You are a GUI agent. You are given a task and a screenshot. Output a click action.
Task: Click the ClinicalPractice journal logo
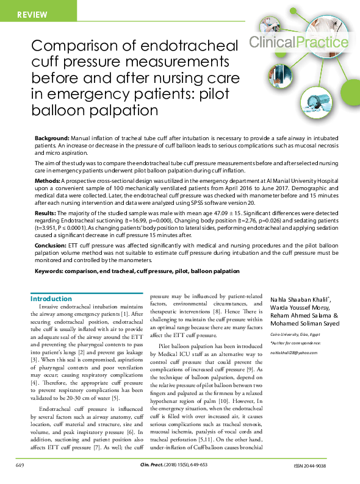pos(299,42)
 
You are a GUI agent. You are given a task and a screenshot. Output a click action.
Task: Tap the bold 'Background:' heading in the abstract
pos(52,139)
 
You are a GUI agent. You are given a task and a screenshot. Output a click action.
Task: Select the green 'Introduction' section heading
pos(51,299)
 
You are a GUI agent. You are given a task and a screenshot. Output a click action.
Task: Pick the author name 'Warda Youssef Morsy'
pos(300,308)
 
